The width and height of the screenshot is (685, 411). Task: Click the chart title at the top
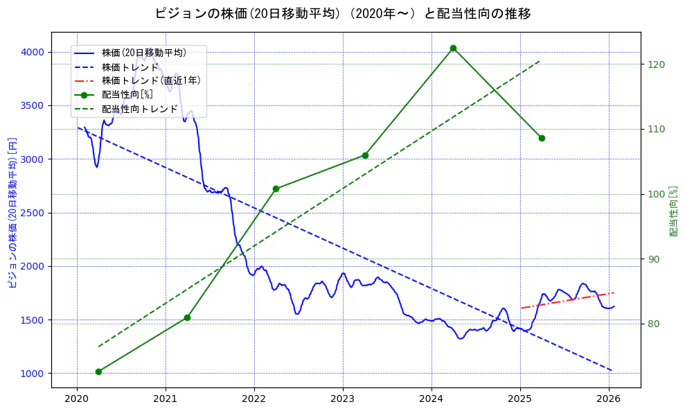tap(343, 14)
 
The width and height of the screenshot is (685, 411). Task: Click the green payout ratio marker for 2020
tap(98, 371)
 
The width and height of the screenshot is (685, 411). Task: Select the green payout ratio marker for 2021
tap(187, 317)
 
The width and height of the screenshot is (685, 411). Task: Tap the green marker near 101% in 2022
tap(276, 189)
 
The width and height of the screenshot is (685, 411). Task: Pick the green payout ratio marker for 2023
tap(365, 155)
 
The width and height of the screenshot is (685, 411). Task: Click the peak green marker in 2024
tap(453, 48)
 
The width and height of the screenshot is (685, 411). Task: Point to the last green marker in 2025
tap(542, 138)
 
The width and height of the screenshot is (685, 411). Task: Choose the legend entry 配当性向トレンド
tap(139, 109)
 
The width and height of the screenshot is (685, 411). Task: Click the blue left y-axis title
tap(12, 213)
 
